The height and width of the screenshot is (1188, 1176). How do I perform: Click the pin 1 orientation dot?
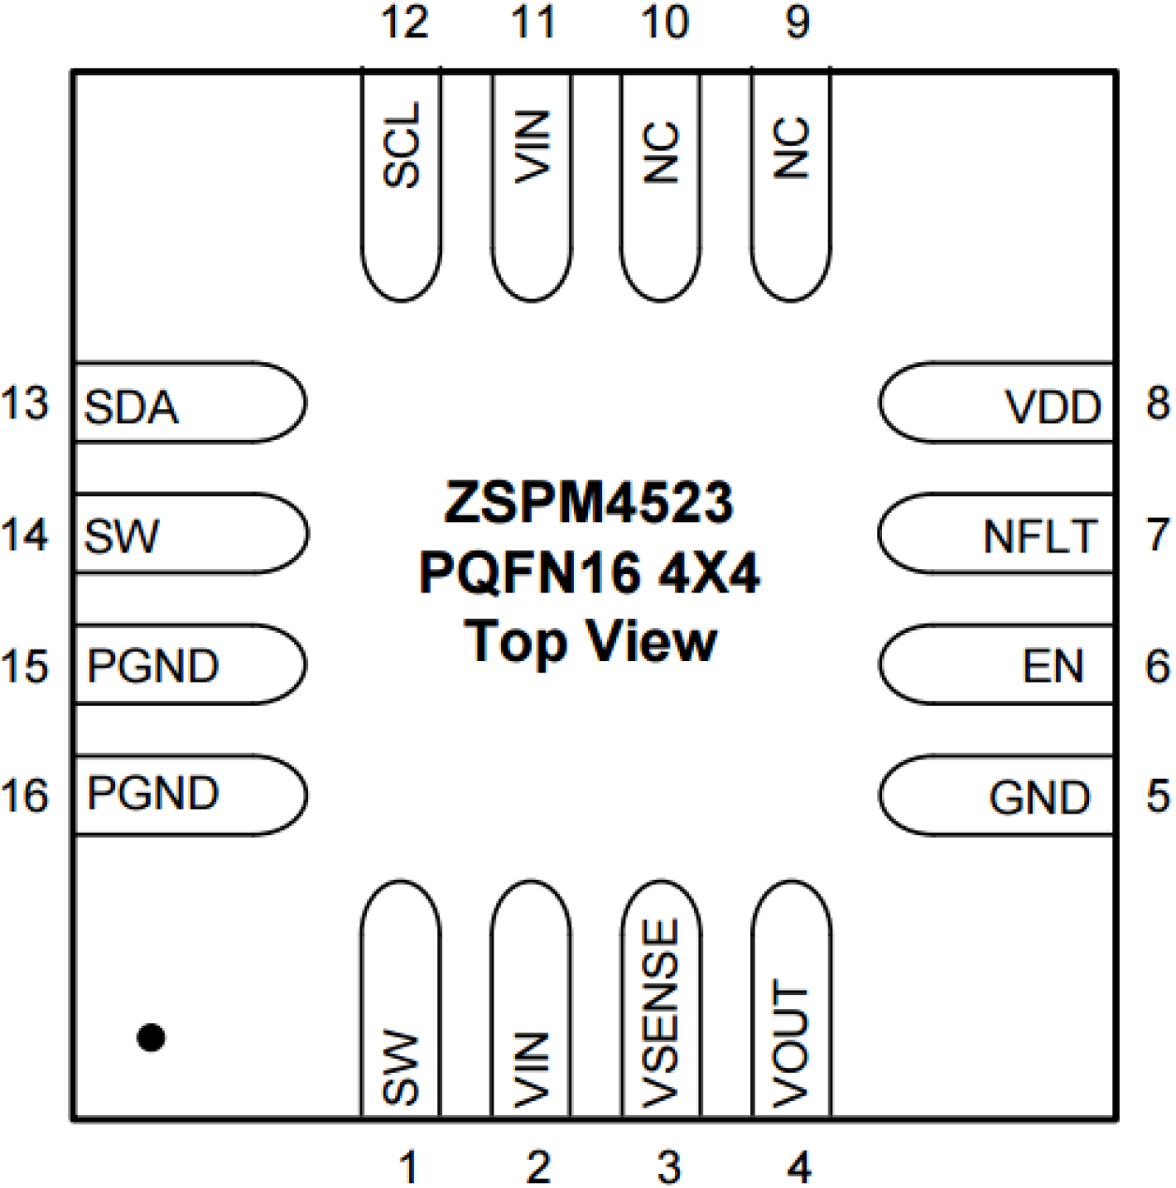(x=151, y=1037)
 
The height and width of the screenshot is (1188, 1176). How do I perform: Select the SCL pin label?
(x=402, y=145)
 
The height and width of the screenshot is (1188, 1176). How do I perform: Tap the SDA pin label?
(x=131, y=407)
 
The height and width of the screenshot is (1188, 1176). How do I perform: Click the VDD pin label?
(x=1052, y=407)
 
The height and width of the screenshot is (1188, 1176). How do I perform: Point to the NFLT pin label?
(x=1039, y=537)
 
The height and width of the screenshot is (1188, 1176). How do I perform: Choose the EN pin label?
(x=1052, y=667)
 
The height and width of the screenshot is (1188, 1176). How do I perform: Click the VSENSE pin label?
(x=661, y=1013)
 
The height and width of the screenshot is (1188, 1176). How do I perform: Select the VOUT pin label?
(x=791, y=1045)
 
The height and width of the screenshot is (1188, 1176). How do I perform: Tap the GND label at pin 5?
(x=1039, y=798)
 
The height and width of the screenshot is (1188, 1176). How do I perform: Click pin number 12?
(x=404, y=22)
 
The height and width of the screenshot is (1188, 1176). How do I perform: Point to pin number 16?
(x=25, y=796)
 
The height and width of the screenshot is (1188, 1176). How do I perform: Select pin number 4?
(x=798, y=1166)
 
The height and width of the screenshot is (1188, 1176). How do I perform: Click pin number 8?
(x=1157, y=403)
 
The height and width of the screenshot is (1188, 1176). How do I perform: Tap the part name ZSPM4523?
(x=588, y=503)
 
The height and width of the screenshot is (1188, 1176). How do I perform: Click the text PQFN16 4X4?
(x=589, y=572)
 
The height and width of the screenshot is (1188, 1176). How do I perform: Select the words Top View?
(x=591, y=643)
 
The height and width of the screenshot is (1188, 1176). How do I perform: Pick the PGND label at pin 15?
(x=153, y=667)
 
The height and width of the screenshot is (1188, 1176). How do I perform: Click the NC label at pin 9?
(x=791, y=148)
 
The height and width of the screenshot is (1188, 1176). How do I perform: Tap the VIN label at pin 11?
(x=532, y=147)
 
